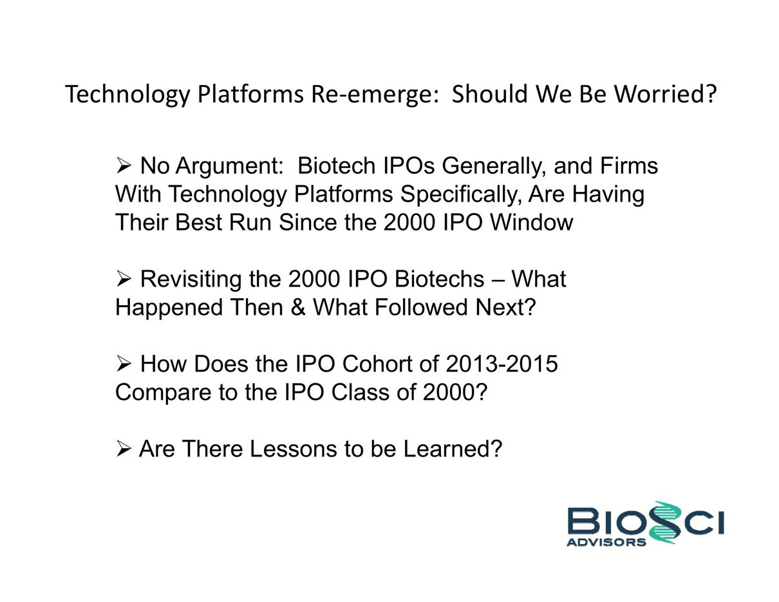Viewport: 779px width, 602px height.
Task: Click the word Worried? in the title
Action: tap(665, 94)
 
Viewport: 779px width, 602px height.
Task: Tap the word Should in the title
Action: tap(489, 94)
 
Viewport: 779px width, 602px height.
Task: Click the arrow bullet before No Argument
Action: tap(124, 166)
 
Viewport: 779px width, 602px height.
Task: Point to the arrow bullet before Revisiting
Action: tap(124, 279)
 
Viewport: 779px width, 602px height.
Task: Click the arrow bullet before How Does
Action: tap(124, 364)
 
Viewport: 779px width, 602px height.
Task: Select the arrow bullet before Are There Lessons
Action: tap(124, 449)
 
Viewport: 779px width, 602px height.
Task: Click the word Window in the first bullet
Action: tap(532, 222)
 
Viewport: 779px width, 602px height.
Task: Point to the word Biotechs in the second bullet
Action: tap(440, 279)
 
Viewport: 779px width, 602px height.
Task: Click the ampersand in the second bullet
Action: tap(298, 307)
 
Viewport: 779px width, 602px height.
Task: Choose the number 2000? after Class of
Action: tap(455, 392)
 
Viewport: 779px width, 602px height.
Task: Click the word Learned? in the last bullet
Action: tap(453, 449)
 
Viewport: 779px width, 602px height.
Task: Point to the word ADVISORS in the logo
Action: tap(606, 542)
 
